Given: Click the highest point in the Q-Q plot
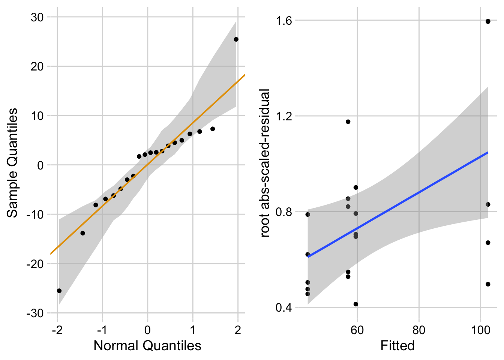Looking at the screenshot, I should point(236,39).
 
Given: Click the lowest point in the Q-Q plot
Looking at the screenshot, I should point(59,291).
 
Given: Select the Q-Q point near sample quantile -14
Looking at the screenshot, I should point(82,233).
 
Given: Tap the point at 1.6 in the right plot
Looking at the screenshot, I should point(488,21).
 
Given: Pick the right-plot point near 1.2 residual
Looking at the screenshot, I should point(348,121).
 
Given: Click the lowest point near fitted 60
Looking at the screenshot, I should point(356,304).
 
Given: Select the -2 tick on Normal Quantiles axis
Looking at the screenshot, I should point(57,330).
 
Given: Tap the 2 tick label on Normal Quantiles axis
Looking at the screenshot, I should point(238,330).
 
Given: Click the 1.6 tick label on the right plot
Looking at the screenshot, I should point(284,20).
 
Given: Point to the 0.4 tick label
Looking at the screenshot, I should point(284,307).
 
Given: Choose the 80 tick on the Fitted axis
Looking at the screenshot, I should point(419,330).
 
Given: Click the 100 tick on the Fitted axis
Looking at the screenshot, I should point(480,330).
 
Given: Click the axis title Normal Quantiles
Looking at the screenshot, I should point(147,345).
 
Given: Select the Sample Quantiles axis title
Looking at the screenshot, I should point(13,163).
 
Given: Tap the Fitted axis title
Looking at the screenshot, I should point(397,345).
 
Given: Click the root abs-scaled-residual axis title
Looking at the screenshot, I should point(265,163).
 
